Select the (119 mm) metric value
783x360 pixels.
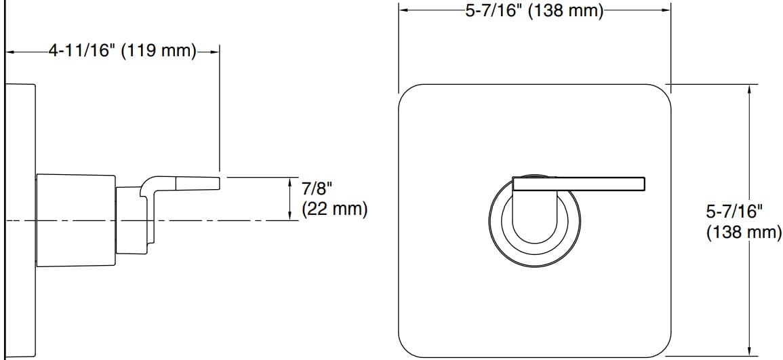158,51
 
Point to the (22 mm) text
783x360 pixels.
335,208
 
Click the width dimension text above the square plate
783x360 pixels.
534,12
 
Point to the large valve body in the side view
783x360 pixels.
75,220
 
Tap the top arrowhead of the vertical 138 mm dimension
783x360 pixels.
749,89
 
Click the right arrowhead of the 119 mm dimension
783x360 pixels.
216,51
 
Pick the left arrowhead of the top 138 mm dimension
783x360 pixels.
403,10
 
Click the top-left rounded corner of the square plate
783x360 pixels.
407,94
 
